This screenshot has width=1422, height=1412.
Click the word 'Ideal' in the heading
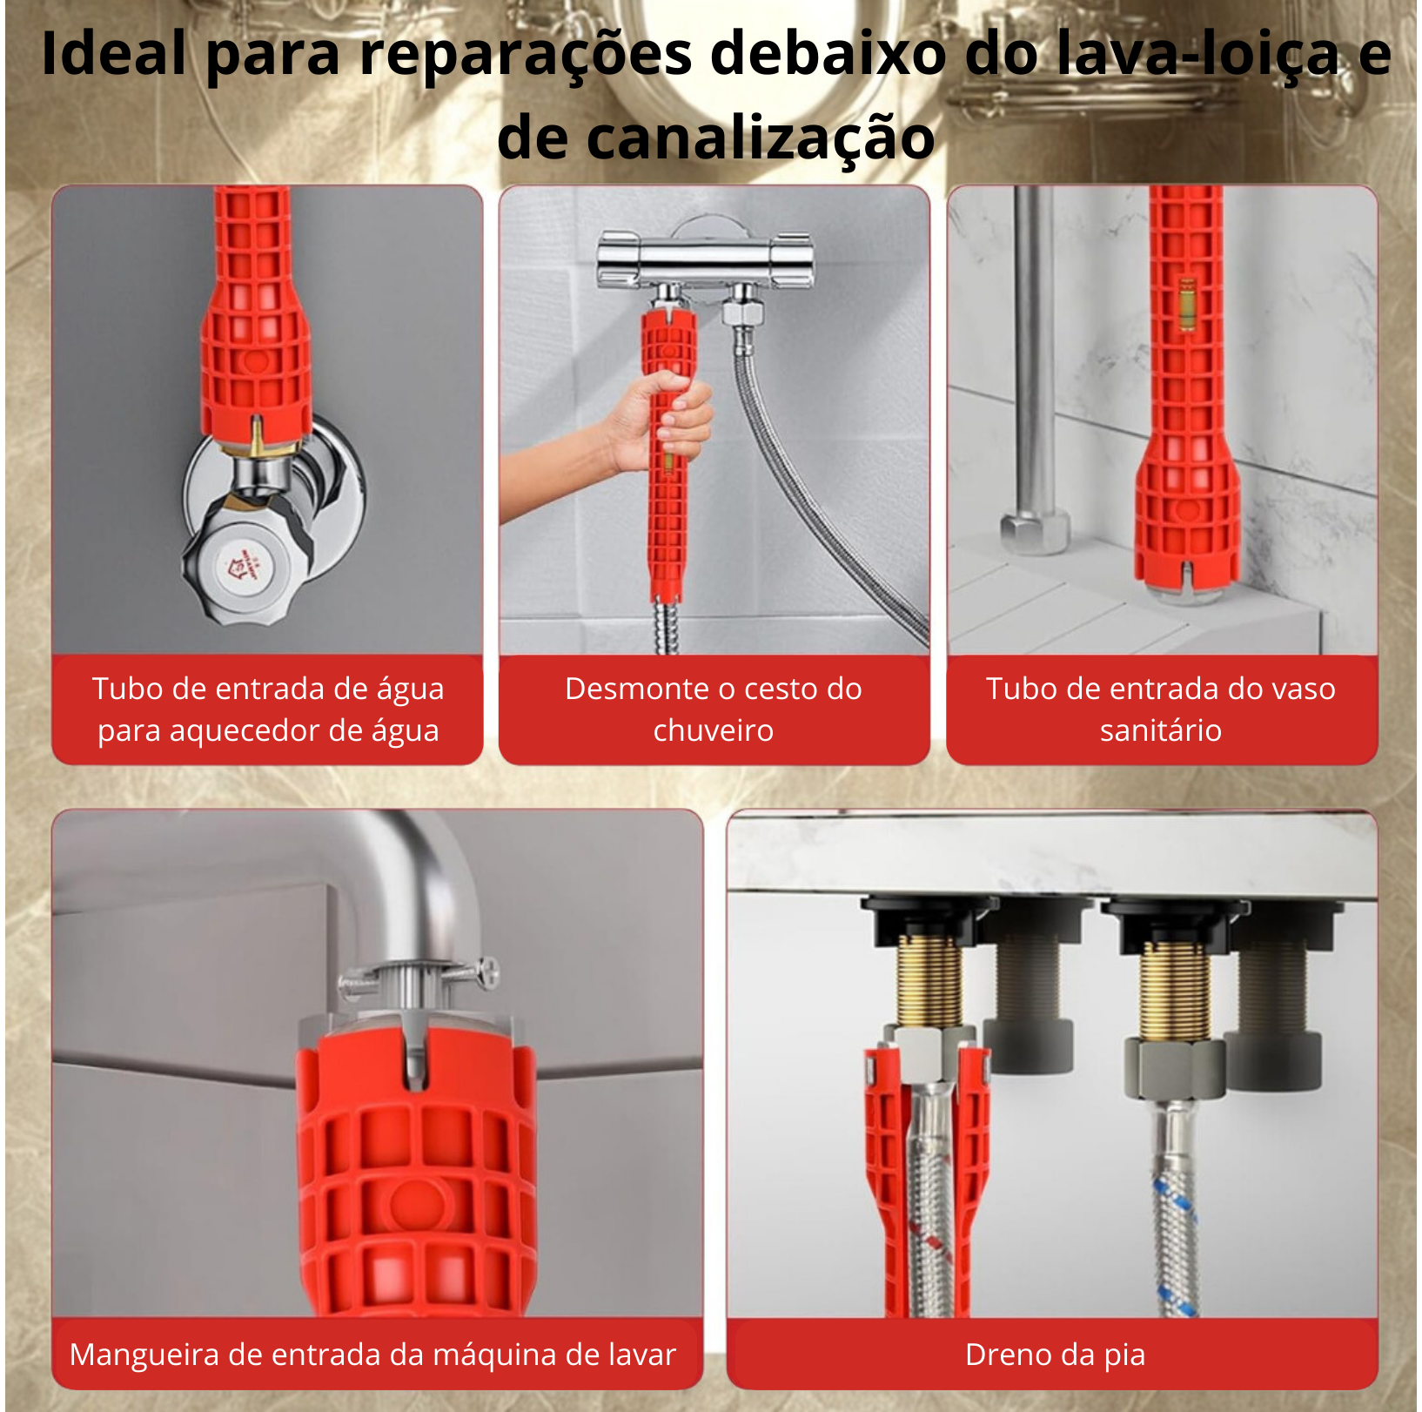coord(114,54)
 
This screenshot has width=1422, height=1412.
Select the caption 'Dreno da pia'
coord(1055,1355)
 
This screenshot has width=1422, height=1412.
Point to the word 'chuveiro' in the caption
coord(714,730)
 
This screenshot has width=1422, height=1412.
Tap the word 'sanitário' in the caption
coord(1161,730)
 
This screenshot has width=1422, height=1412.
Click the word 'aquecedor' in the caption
coord(279,731)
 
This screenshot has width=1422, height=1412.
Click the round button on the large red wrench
coord(415,1205)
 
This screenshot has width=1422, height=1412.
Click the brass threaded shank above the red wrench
coord(929,981)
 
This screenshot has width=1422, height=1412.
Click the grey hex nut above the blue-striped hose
coord(1176,1066)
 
